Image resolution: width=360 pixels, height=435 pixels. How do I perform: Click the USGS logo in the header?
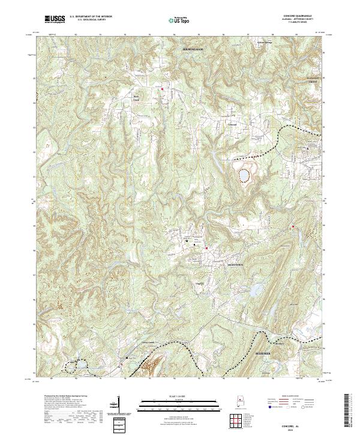pos(55,20)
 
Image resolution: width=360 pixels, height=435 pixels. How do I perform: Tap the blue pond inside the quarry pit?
pos(244,176)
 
